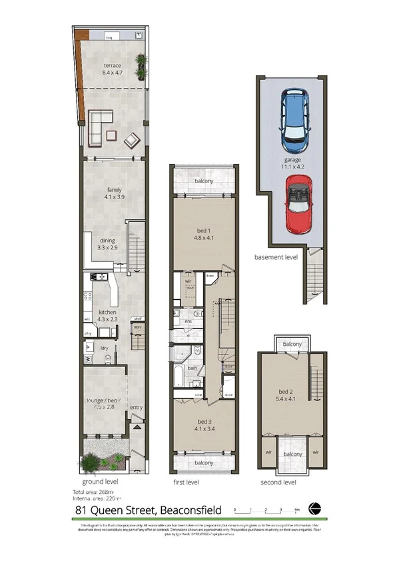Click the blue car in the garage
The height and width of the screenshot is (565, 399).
[x=294, y=119]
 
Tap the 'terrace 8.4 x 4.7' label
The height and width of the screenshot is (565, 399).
[x=112, y=69]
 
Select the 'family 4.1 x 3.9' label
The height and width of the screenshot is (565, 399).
[x=112, y=193]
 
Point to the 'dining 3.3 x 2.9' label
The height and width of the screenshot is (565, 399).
[x=108, y=245]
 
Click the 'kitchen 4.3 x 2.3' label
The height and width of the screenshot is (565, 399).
[x=109, y=316]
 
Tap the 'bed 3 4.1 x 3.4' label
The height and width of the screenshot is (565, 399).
[x=203, y=425]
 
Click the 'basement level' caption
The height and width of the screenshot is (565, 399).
[x=276, y=257]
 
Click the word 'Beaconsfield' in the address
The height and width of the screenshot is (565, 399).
[x=191, y=511]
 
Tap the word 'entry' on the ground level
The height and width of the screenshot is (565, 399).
[x=136, y=408]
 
